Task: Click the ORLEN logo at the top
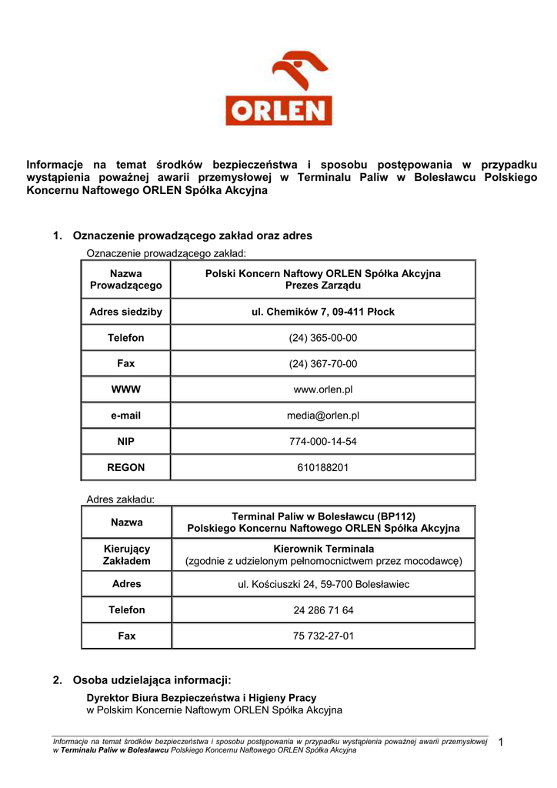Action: coord(278,88)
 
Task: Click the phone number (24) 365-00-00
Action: coord(323,338)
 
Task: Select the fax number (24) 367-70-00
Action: coord(323,364)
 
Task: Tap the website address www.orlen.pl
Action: coord(323,389)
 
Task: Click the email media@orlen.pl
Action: coord(323,416)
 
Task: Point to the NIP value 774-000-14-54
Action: coord(323,442)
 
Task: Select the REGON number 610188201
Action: coord(323,467)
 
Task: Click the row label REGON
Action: coord(126,467)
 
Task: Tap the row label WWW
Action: coord(126,389)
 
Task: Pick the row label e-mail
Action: coord(126,416)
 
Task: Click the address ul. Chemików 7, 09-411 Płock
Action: coord(323,312)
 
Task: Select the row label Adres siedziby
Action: coord(126,312)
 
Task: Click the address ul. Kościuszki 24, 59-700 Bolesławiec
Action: coord(323,585)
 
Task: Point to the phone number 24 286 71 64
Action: coord(323,610)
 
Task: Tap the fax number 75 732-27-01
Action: coord(323,636)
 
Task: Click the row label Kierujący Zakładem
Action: coord(126,555)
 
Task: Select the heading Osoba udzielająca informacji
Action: coord(152,680)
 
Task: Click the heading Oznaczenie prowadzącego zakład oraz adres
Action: coord(192,235)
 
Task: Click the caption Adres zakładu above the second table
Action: coord(121,499)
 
